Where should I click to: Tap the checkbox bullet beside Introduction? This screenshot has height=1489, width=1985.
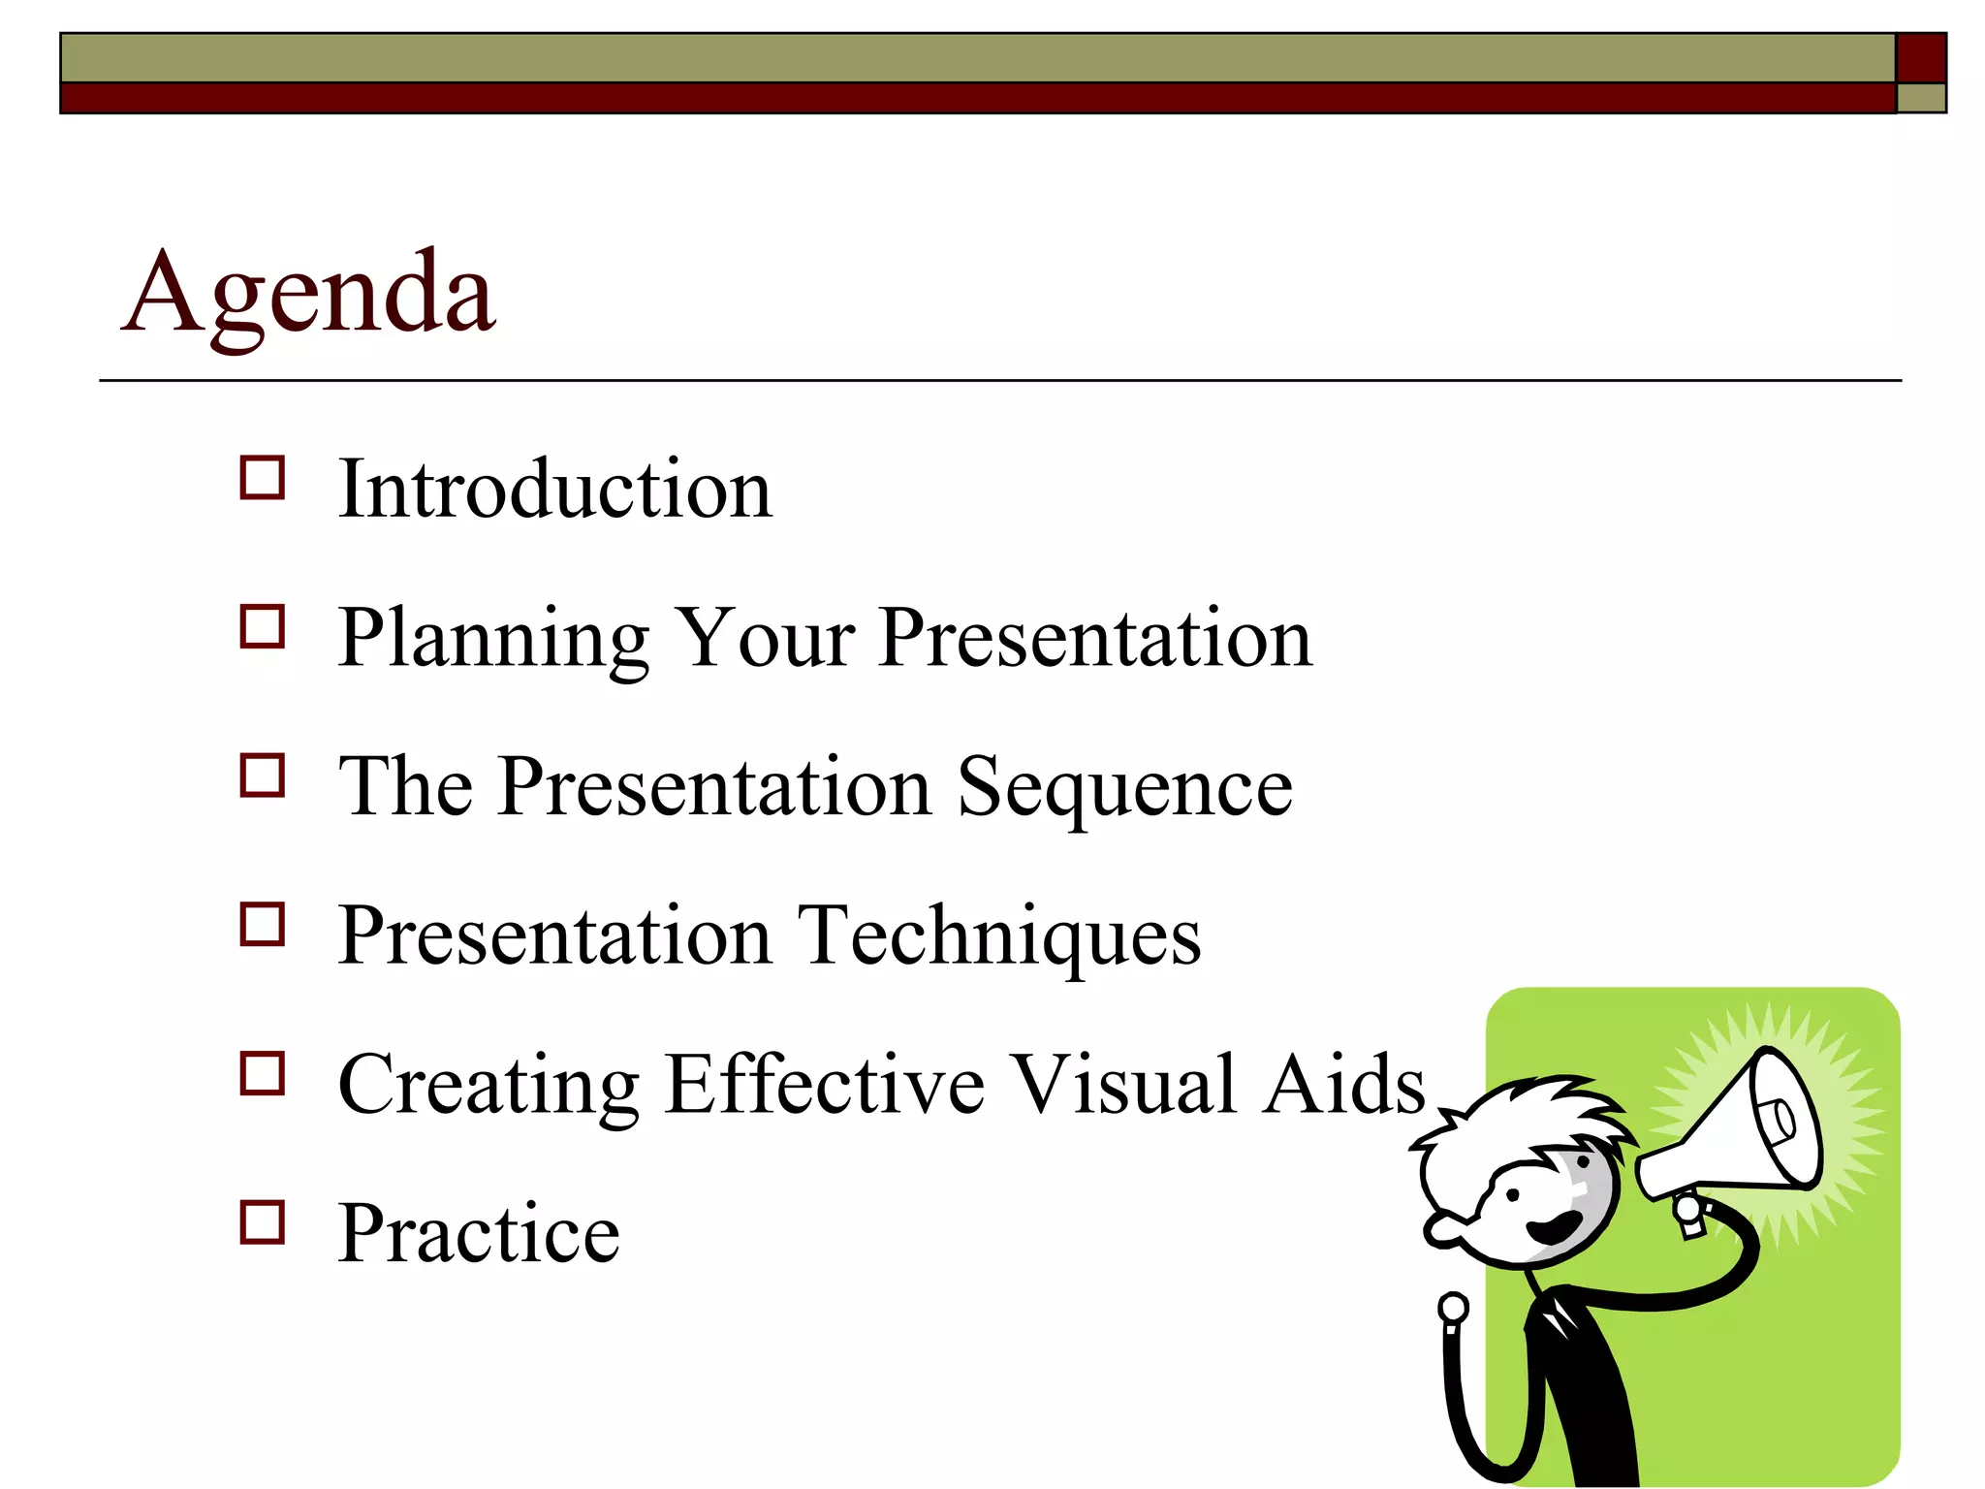click(x=262, y=478)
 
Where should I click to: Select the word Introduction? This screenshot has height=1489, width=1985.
click(x=554, y=490)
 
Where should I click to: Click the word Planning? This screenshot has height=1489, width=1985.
click(x=493, y=640)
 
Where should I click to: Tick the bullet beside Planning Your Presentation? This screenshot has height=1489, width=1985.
click(x=262, y=626)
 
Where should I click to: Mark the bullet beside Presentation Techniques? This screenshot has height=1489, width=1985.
click(x=262, y=924)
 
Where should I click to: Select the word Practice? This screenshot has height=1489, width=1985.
click(x=479, y=1233)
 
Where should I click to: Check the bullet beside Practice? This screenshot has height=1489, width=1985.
click(x=262, y=1221)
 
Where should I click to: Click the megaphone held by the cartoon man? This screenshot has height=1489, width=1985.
click(x=1735, y=1134)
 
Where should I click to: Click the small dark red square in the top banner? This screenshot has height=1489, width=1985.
click(x=1920, y=58)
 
